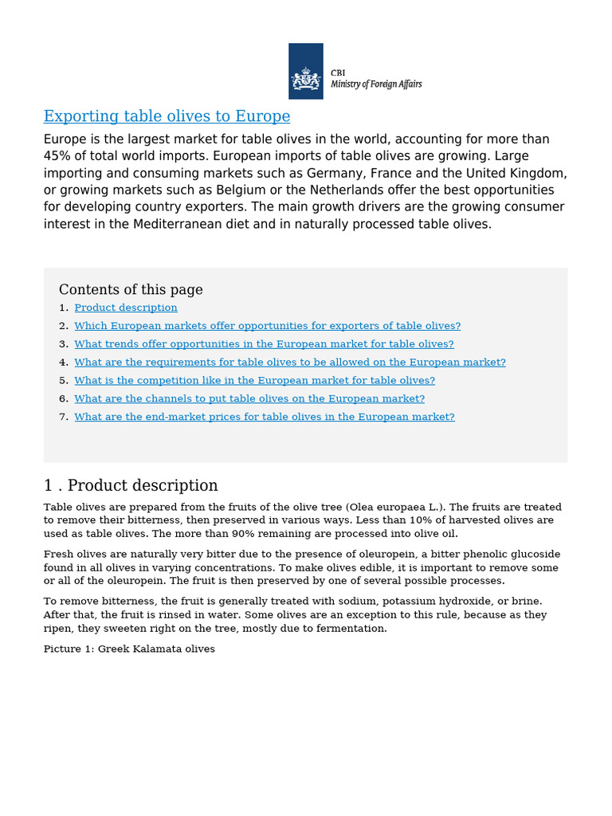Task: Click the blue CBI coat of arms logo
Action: (305, 71)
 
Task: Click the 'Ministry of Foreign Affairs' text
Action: (376, 84)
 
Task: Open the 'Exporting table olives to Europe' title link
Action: (167, 116)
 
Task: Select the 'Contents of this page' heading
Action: (131, 289)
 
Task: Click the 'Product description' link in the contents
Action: (126, 308)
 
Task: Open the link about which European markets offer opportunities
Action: (267, 326)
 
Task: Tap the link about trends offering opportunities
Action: (264, 344)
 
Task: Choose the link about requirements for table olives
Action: (290, 362)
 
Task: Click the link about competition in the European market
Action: (254, 380)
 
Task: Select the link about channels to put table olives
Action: (249, 398)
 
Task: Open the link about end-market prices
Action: (265, 417)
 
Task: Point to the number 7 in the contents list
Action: (63, 417)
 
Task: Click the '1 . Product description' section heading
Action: (131, 485)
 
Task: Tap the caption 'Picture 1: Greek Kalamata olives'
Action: (129, 649)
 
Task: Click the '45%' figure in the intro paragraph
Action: (57, 155)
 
